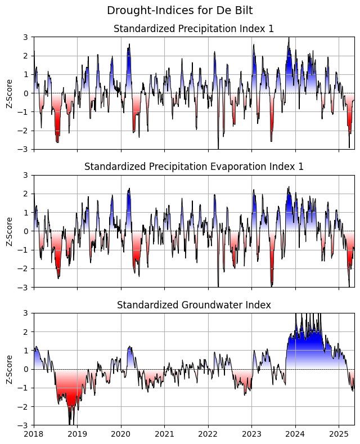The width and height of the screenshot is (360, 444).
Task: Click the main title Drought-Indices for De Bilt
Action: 180,10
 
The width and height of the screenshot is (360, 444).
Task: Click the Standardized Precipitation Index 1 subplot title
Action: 193,29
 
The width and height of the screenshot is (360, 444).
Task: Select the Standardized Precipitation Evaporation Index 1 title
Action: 193,167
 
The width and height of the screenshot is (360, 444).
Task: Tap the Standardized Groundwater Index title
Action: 193,305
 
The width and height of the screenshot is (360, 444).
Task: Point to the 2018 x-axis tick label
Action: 34,434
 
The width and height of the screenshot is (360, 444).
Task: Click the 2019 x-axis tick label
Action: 77,434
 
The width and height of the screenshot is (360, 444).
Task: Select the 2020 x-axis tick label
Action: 121,434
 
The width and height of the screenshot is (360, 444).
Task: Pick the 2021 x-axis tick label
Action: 164,434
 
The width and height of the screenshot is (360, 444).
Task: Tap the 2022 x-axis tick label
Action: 208,434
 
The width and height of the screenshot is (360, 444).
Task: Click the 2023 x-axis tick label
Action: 251,434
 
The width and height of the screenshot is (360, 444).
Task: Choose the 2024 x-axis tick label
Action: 295,434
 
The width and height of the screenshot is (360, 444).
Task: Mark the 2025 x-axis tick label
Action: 339,434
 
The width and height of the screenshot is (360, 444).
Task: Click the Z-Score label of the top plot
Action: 10,93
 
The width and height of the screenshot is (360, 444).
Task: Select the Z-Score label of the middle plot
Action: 10,231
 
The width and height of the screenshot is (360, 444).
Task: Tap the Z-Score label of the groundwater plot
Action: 10,369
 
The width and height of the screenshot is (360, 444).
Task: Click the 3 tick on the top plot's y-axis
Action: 26,37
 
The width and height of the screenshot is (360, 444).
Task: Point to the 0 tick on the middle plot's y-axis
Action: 26,231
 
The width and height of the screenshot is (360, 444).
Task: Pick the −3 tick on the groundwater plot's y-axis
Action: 24,425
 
